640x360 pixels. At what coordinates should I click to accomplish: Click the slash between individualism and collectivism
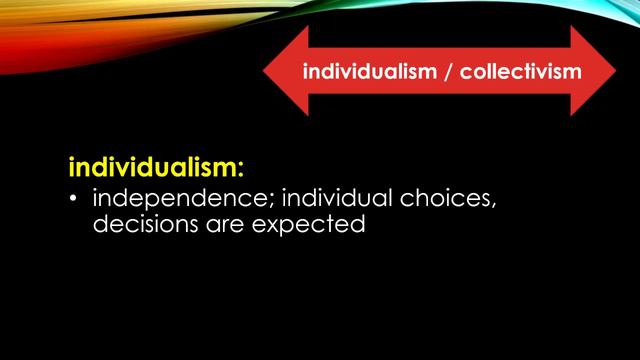(x=448, y=73)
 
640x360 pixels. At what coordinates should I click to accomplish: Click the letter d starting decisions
(x=100, y=225)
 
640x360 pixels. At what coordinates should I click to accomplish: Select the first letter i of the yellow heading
(x=72, y=163)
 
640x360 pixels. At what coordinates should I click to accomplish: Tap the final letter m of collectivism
(x=576, y=73)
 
